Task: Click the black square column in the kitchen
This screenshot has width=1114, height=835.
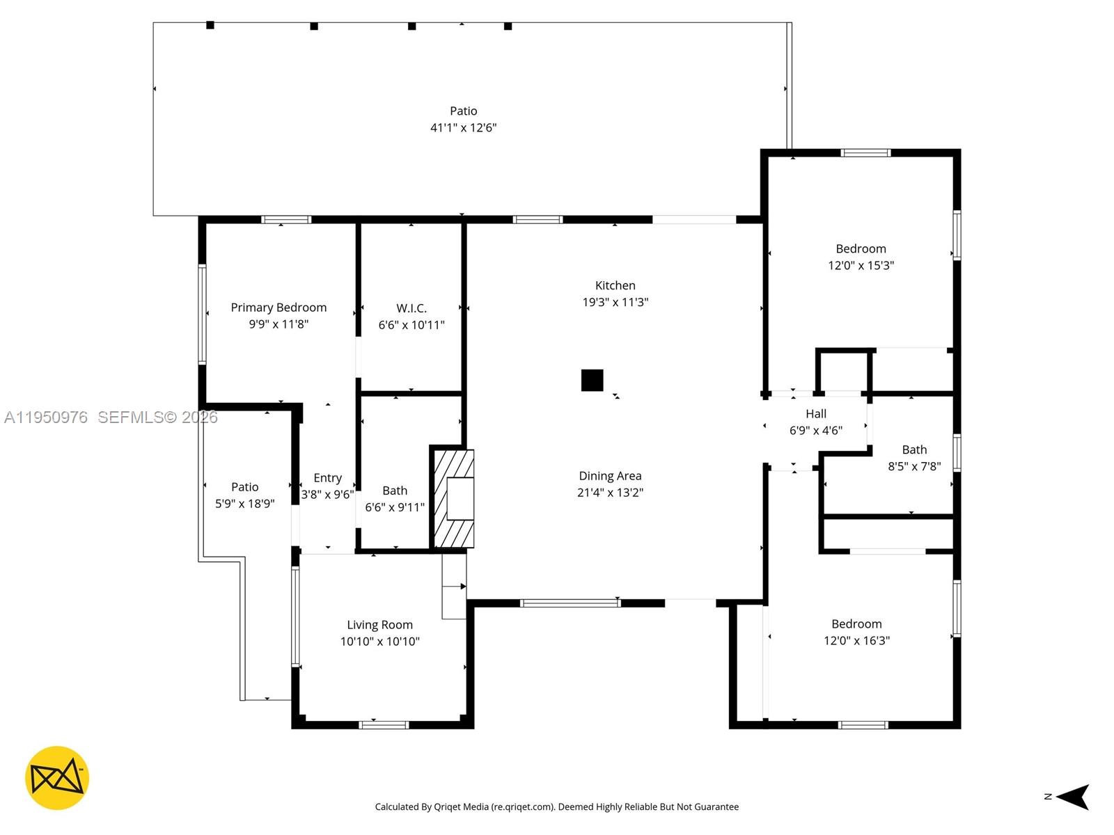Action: click(x=592, y=381)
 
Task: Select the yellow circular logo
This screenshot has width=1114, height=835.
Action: click(x=57, y=778)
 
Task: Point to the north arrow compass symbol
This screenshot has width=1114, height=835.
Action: click(x=1072, y=797)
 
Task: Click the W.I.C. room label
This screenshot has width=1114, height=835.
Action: click(x=411, y=308)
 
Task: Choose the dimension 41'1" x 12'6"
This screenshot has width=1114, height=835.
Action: click(x=463, y=127)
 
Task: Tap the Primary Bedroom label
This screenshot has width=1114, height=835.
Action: click(x=278, y=308)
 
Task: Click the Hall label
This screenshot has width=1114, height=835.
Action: click(x=816, y=414)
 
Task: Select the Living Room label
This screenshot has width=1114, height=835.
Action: click(x=379, y=625)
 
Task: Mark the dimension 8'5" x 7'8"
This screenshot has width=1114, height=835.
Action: click(x=914, y=466)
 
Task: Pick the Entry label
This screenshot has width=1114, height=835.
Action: click(x=327, y=478)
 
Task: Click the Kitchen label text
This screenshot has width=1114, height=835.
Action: click(x=615, y=285)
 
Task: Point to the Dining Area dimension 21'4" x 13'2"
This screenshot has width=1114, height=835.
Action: click(x=610, y=493)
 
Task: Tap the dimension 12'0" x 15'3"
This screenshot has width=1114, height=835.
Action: click(x=861, y=265)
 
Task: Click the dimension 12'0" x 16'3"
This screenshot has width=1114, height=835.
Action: click(x=856, y=640)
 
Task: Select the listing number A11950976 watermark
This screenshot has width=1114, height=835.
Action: click(x=46, y=417)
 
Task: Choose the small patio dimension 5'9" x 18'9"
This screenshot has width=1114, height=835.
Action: click(x=244, y=504)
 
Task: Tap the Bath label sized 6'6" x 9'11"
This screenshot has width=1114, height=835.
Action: click(x=395, y=491)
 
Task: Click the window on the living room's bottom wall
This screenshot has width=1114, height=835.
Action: click(x=384, y=725)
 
